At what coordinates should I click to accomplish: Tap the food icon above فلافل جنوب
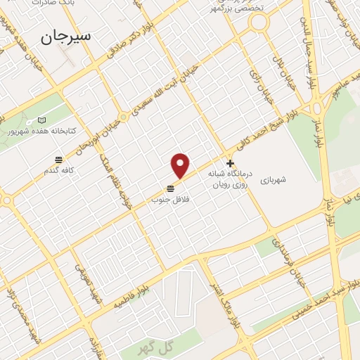[170, 188]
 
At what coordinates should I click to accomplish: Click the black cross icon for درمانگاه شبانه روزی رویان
[230, 163]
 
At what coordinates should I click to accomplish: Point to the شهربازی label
[274, 181]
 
